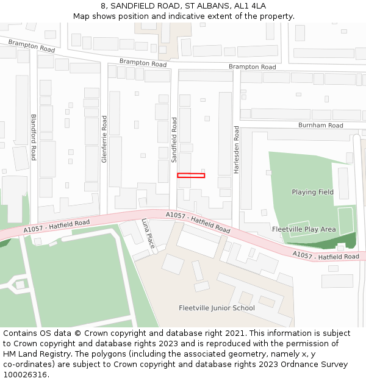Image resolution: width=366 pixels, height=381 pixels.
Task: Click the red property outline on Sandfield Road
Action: coord(191,176)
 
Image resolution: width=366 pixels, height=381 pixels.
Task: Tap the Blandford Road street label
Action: coord(34,137)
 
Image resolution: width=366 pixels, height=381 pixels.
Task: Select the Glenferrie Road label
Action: coord(104,140)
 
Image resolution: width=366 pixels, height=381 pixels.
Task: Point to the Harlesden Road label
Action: coord(236,150)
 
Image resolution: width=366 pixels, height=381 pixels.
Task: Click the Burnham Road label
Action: coord(320,126)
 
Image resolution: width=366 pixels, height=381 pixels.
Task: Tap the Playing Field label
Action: coord(312,192)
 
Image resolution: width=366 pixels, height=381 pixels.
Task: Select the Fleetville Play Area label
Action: coord(304,229)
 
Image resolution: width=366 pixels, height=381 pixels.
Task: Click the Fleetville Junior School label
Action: coord(217,308)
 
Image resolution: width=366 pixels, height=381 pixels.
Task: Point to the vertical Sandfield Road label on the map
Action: coord(174,140)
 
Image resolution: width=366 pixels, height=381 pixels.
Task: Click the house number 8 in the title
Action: coord(104,5)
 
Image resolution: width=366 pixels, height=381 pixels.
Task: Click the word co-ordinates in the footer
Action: coord(29,365)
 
